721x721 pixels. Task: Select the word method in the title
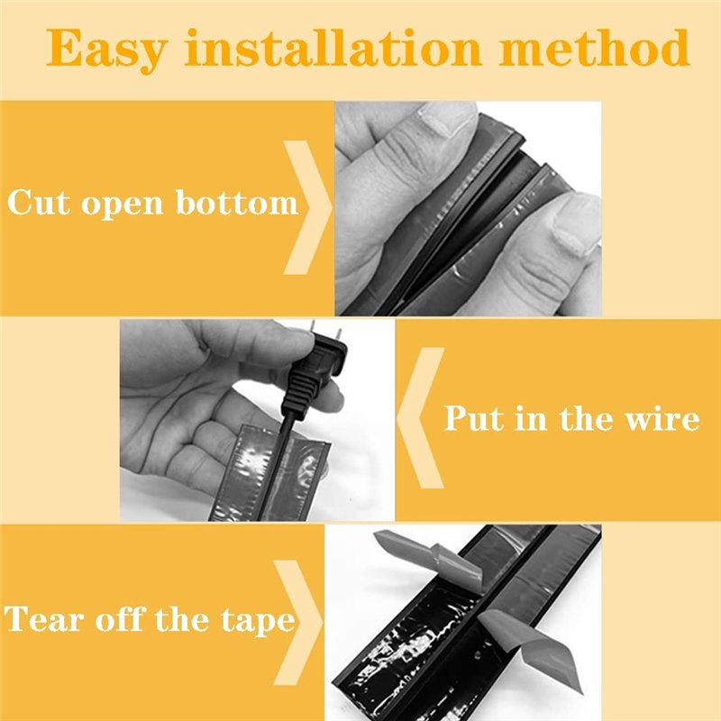[595, 47]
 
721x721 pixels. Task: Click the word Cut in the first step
[39, 202]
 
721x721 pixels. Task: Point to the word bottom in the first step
[237, 202]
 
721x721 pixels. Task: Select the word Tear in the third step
[46, 619]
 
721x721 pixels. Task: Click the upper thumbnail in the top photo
[448, 119]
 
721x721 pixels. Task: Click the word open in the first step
[123, 205]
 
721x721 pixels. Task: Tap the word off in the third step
[121, 619]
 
